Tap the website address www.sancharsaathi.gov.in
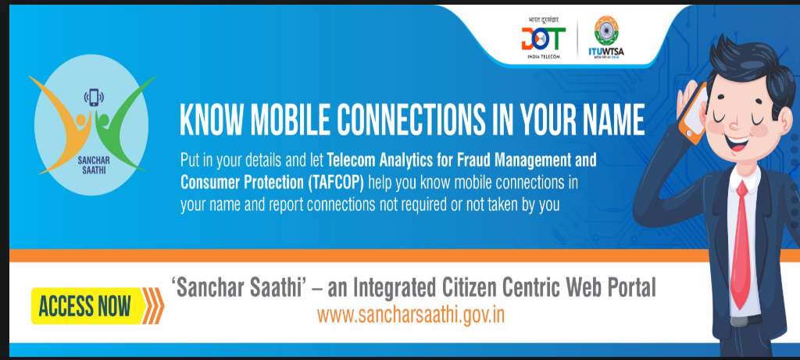411,315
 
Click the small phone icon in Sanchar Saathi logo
94,98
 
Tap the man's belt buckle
738,321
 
